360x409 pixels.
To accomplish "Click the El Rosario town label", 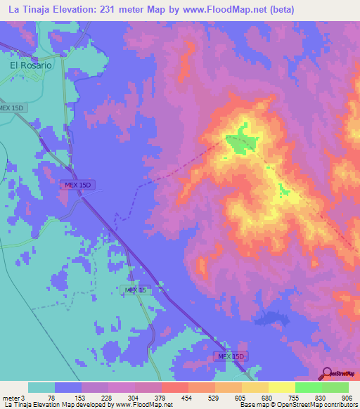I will [30, 65].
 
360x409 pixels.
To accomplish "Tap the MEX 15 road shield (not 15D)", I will [135, 290].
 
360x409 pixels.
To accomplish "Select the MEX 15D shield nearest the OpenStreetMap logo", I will [230, 357].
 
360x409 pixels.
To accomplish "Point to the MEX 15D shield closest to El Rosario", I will [12, 108].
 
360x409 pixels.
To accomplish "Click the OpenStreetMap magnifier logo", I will [326, 373].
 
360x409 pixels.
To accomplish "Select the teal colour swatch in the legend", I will [41, 387].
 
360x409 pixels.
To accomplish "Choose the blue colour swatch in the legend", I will [68, 387].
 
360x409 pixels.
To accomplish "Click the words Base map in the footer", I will [252, 405].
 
